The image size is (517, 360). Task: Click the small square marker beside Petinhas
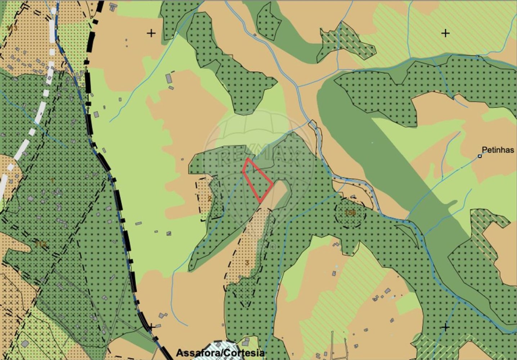(x=480, y=156)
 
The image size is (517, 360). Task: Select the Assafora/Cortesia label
(x=220, y=353)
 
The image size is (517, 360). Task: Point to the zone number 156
(x=350, y=213)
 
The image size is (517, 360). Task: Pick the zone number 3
(x=247, y=263)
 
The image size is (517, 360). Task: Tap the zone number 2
(x=210, y=198)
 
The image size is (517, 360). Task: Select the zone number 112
(x=41, y=244)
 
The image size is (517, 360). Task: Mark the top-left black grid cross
(x=151, y=33)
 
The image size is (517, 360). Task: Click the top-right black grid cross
(x=445, y=33)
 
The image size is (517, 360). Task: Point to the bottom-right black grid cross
(x=445, y=327)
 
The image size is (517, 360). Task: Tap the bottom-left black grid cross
(x=152, y=327)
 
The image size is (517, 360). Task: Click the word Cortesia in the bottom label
(x=244, y=353)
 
